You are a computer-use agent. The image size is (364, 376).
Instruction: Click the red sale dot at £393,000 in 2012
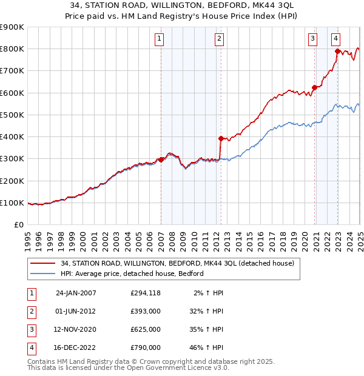[221, 138]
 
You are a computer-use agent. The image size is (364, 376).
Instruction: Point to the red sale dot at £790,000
[337, 52]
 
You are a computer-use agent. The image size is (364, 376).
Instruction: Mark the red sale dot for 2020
[314, 87]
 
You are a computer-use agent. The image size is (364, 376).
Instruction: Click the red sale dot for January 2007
[161, 160]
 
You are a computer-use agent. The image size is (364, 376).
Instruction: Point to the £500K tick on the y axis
[13, 115]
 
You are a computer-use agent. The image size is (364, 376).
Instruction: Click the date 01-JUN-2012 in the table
[76, 311]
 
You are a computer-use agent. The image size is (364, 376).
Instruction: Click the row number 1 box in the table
[32, 293]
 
